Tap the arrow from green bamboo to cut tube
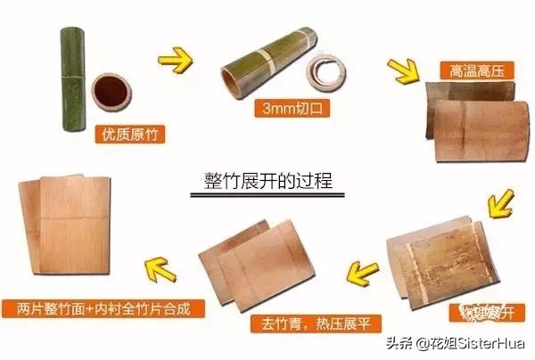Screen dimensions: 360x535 tap(176, 63)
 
